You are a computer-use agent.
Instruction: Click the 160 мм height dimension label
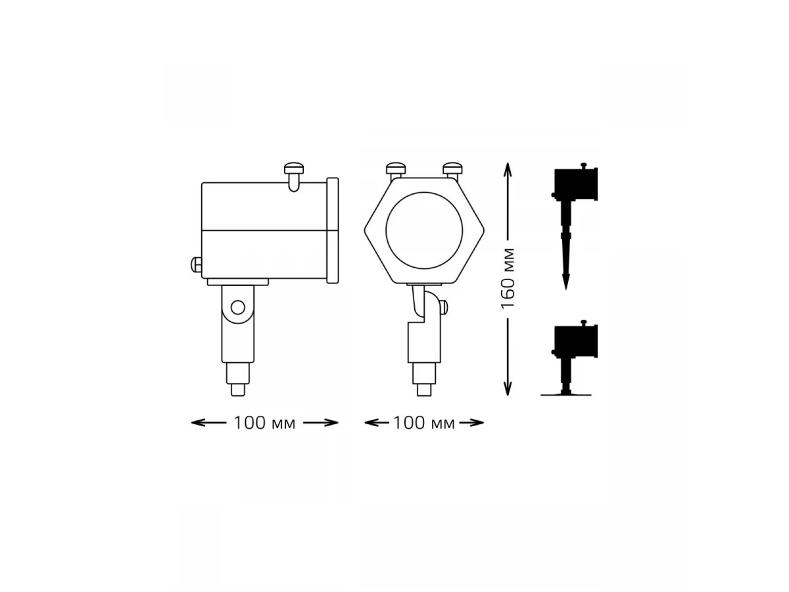click(508, 278)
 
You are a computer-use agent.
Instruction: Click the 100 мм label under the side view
click(264, 424)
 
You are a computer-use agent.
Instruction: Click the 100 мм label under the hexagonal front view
click(424, 424)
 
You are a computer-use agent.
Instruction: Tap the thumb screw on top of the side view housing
click(294, 176)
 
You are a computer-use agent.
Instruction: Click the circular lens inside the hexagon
click(424, 230)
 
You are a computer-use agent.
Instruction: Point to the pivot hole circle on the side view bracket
click(238, 308)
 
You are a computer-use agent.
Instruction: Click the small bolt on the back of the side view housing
click(196, 265)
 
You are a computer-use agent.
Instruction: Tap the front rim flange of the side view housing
click(333, 230)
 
